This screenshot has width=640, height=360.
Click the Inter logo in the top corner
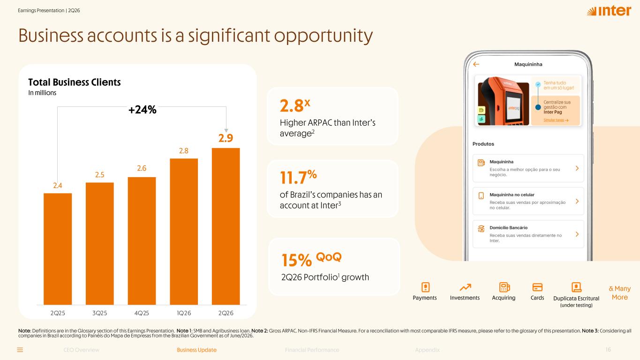pos(609,11)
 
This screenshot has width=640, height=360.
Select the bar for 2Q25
pos(57,249)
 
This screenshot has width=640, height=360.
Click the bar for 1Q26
pos(184,232)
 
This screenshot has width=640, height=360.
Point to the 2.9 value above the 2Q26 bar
pos(226,138)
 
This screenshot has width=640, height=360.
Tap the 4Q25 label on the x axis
pos(142,313)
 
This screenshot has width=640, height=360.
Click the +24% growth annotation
pos(142,109)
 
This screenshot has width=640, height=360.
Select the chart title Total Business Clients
pos(74,82)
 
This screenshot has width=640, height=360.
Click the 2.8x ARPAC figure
pos(295,105)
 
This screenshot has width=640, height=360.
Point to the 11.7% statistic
pos(298,177)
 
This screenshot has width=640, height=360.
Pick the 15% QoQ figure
pos(311,259)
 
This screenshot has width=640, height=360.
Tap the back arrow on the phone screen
pos(476,64)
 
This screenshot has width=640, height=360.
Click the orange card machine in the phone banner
pos(504,101)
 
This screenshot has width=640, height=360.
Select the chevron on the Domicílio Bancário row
pos(577,234)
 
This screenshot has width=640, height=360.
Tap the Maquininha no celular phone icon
pos(481,196)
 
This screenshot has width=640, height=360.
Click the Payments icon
pos(425,287)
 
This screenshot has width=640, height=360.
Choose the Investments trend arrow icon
pos(465,287)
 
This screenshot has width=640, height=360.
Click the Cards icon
pos(537,287)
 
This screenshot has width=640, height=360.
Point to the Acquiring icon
pos(504,287)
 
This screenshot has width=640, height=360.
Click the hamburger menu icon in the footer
pos(20,350)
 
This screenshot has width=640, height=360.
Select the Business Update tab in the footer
pos(196,350)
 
